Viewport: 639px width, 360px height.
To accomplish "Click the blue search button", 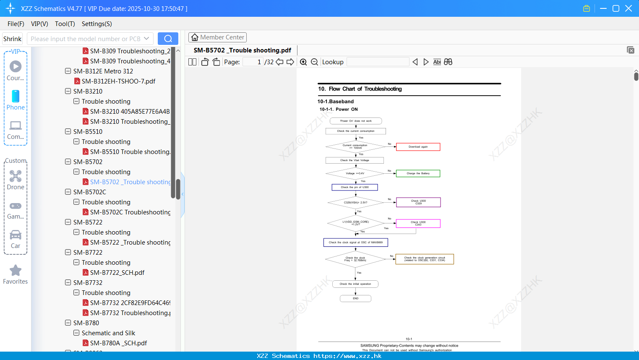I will [168, 39].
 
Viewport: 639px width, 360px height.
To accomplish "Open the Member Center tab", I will [217, 37].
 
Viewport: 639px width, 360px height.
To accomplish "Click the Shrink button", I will [12, 39].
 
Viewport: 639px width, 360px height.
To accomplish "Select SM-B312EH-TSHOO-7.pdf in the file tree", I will [118, 81].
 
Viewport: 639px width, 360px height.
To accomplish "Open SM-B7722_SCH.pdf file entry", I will [117, 273].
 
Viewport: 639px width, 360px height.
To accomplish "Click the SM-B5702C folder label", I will [89, 192].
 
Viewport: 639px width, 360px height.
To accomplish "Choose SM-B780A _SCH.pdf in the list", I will [118, 343].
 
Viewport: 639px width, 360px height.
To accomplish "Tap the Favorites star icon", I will [16, 271].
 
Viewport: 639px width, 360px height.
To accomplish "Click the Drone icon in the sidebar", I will [16, 176].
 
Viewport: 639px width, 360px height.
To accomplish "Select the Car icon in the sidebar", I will [16, 235].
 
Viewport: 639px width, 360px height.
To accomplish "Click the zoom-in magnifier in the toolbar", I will [303, 62].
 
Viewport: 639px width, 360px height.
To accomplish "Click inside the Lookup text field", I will [378, 62].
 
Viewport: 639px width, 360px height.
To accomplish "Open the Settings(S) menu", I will [97, 24].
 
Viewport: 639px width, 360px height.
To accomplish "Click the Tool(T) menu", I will [65, 24].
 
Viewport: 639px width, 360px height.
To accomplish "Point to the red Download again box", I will [418, 147].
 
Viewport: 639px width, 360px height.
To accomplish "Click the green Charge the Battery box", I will [418, 173].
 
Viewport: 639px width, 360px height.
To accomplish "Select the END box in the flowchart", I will [355, 299].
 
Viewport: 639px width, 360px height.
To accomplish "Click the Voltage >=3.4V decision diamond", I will [355, 173].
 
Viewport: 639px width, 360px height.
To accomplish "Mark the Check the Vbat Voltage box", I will [355, 160].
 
